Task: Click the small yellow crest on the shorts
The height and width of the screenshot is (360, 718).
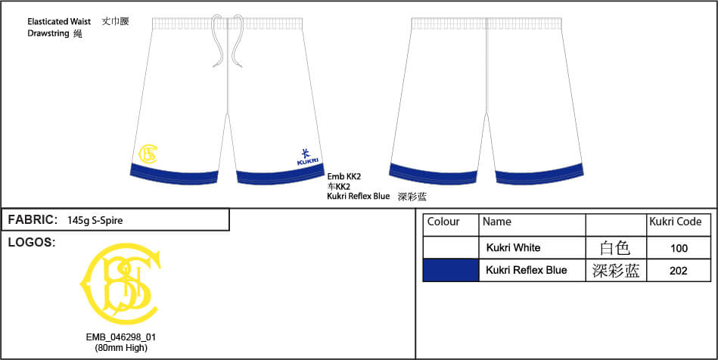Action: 148,154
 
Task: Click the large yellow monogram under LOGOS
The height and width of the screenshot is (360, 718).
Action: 121,284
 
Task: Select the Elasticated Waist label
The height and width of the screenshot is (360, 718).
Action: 59,21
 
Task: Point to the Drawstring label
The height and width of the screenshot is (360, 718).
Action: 48,33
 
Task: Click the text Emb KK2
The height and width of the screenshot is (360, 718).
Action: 344,176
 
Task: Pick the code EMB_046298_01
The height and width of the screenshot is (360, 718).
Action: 121,337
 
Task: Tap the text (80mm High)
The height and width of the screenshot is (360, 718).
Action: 121,348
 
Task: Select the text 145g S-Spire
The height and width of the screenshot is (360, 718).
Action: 95,221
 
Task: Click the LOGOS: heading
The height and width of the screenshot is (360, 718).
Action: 32,243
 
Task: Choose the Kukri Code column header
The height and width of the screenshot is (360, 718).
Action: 676,222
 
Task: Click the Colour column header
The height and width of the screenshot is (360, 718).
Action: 443,222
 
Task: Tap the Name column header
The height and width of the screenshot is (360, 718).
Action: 497,222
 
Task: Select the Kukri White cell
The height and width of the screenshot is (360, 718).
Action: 513,248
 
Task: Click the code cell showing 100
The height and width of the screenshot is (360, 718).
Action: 679,248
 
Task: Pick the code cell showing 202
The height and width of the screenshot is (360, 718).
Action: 678,271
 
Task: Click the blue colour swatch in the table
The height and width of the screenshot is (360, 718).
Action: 451,270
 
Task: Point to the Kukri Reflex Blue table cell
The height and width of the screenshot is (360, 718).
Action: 526,270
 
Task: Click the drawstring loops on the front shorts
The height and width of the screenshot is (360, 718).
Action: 228,42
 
